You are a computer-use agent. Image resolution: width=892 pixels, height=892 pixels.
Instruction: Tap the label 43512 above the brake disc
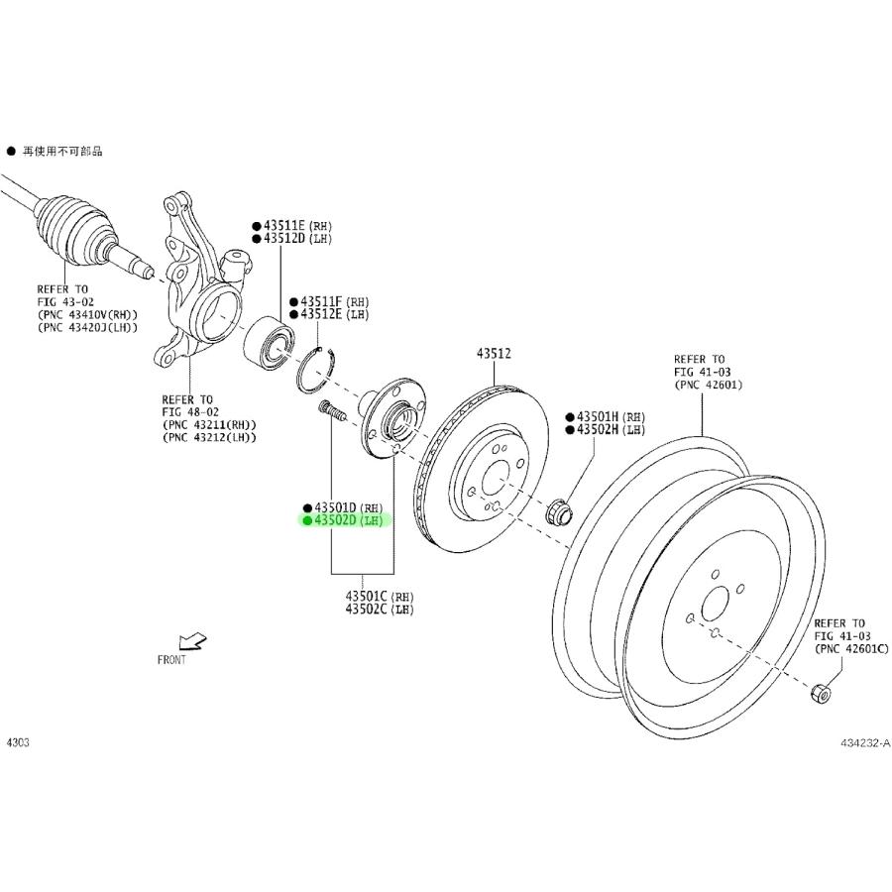[494, 353]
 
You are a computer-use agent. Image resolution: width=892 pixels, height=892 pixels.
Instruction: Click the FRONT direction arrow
[190, 641]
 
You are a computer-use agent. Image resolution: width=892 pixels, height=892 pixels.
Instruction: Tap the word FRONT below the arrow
[171, 660]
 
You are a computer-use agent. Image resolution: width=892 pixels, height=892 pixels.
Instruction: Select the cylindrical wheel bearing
[269, 338]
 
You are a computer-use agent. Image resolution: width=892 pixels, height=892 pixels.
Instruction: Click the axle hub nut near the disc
[559, 512]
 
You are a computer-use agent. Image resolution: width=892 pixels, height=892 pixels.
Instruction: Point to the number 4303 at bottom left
[19, 741]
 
